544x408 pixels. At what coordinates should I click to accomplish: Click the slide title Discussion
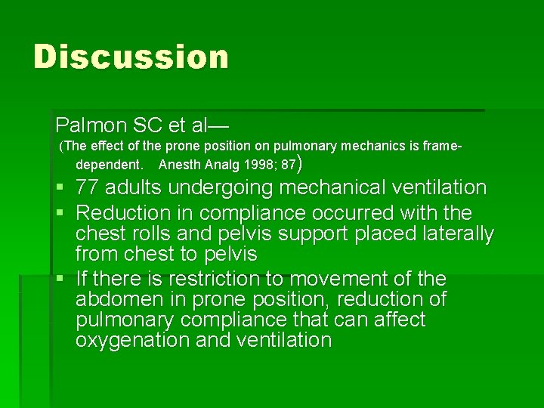pos(131,57)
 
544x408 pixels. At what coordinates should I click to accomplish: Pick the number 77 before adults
pos(89,187)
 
